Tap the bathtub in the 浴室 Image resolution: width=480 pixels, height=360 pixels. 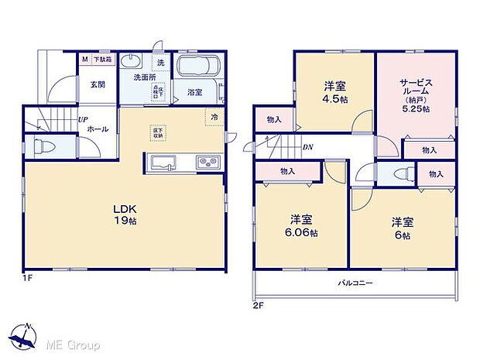pyautogui.click(x=198, y=67)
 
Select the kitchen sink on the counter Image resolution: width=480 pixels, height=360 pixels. pyautogui.click(x=165, y=163)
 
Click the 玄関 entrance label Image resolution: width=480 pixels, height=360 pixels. pyautogui.click(x=97, y=84)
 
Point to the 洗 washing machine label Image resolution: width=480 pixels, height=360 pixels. pyautogui.click(x=161, y=62)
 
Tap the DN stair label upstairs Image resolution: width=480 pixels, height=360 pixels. pyautogui.click(x=307, y=147)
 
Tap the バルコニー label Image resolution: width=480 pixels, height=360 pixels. pyautogui.click(x=357, y=283)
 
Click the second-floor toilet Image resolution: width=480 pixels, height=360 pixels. pyautogui.click(x=399, y=173)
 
